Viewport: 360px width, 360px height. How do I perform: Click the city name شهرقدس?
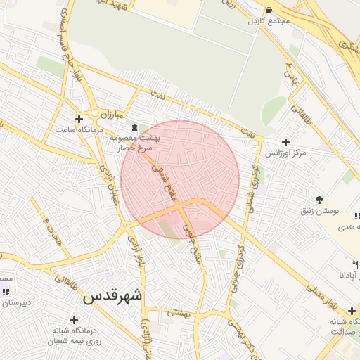pyautogui.click(x=112, y=296)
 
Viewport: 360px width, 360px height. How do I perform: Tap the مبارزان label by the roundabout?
pyautogui.click(x=110, y=113)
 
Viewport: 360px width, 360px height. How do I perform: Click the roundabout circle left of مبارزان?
pyautogui.click(x=94, y=112)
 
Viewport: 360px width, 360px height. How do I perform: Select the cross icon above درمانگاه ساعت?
pyautogui.click(x=79, y=119)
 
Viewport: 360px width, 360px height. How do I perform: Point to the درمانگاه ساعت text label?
pyautogui.click(x=79, y=130)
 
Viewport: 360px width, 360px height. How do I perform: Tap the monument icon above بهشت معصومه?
pyautogui.click(x=134, y=127)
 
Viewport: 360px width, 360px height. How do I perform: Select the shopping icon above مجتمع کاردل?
pyautogui.click(x=252, y=8)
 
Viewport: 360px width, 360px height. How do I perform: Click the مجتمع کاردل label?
pyautogui.click(x=269, y=20)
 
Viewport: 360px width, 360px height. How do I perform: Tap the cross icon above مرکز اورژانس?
pyautogui.click(x=285, y=142)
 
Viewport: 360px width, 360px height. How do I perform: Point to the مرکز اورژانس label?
pyautogui.click(x=286, y=153)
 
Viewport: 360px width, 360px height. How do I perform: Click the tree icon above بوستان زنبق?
pyautogui.click(x=320, y=200)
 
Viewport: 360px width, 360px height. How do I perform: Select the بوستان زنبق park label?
pyautogui.click(x=321, y=211)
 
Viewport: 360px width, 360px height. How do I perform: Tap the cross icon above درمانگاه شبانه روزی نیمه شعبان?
pyautogui.click(x=73, y=320)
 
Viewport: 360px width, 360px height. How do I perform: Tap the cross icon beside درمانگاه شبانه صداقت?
pyautogui.click(x=352, y=311)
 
